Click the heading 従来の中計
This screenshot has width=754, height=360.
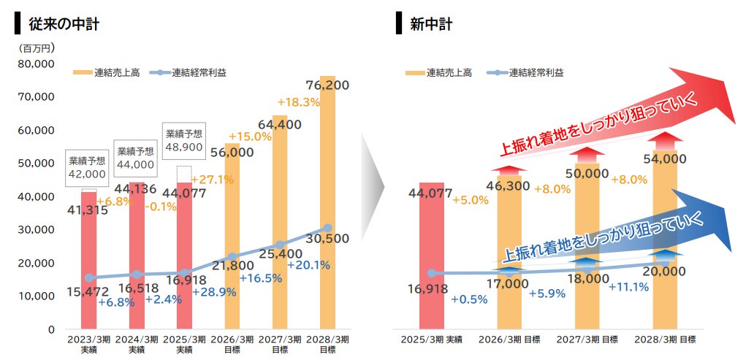(x=64, y=23)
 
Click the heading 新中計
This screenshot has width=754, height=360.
(x=430, y=23)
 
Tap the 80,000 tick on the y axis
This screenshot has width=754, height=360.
(x=34, y=64)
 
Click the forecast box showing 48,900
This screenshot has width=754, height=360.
(x=184, y=140)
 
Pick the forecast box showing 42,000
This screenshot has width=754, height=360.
(x=87, y=167)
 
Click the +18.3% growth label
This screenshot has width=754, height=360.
(x=299, y=102)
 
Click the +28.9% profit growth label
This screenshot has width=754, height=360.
(x=214, y=291)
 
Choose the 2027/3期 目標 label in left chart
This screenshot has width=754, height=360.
(x=280, y=344)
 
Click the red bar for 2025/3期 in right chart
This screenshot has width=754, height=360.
(x=431, y=256)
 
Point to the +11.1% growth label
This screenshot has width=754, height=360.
(x=628, y=286)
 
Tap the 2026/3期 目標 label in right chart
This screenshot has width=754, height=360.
(x=509, y=340)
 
